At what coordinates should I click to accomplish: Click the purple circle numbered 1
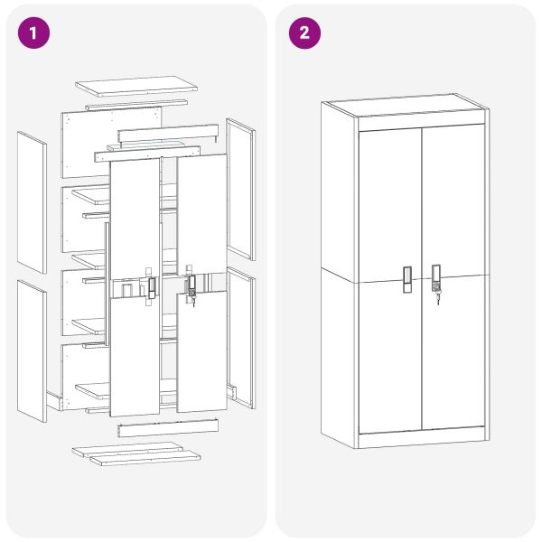pos(33,33)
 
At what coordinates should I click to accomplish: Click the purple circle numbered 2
pos(304,33)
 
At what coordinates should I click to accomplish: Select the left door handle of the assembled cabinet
pos(407,280)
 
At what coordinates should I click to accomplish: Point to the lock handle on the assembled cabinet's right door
pos(436,278)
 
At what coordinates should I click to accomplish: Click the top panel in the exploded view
pos(136,87)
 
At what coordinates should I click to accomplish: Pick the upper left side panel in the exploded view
pos(32,202)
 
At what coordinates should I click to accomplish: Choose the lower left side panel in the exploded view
pos(32,350)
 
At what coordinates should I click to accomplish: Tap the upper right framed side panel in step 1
pos(241,189)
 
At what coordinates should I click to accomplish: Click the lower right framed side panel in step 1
pos(241,338)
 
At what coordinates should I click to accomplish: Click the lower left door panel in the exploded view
pos(135,356)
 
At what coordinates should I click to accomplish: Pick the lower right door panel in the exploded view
pos(202,351)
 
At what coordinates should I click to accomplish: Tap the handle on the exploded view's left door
pos(152,288)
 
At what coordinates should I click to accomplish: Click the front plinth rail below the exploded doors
pos(168,428)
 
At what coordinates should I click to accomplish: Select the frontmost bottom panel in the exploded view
pos(145,457)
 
